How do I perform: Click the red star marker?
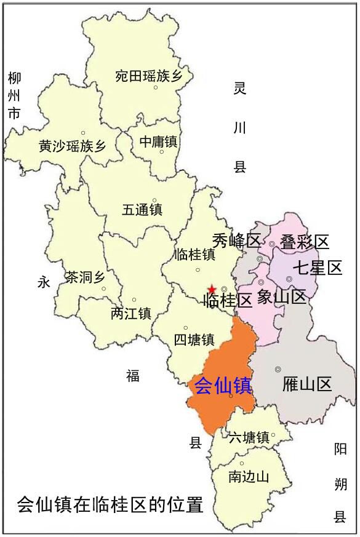[212, 289]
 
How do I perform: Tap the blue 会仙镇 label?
[222, 386]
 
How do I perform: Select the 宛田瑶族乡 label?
[149, 76]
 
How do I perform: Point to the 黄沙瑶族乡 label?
[72, 146]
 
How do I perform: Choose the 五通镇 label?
[142, 209]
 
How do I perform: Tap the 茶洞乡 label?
[85, 277]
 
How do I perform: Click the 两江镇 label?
[130, 313]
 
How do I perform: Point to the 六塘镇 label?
[248, 438]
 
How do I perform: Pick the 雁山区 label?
[307, 385]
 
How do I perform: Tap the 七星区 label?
[317, 268]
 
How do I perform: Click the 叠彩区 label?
[305, 241]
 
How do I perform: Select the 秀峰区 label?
[237, 240]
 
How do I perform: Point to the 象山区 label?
[281, 298]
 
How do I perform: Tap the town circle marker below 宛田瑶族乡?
[156, 87]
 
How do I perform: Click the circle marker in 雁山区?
[278, 369]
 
